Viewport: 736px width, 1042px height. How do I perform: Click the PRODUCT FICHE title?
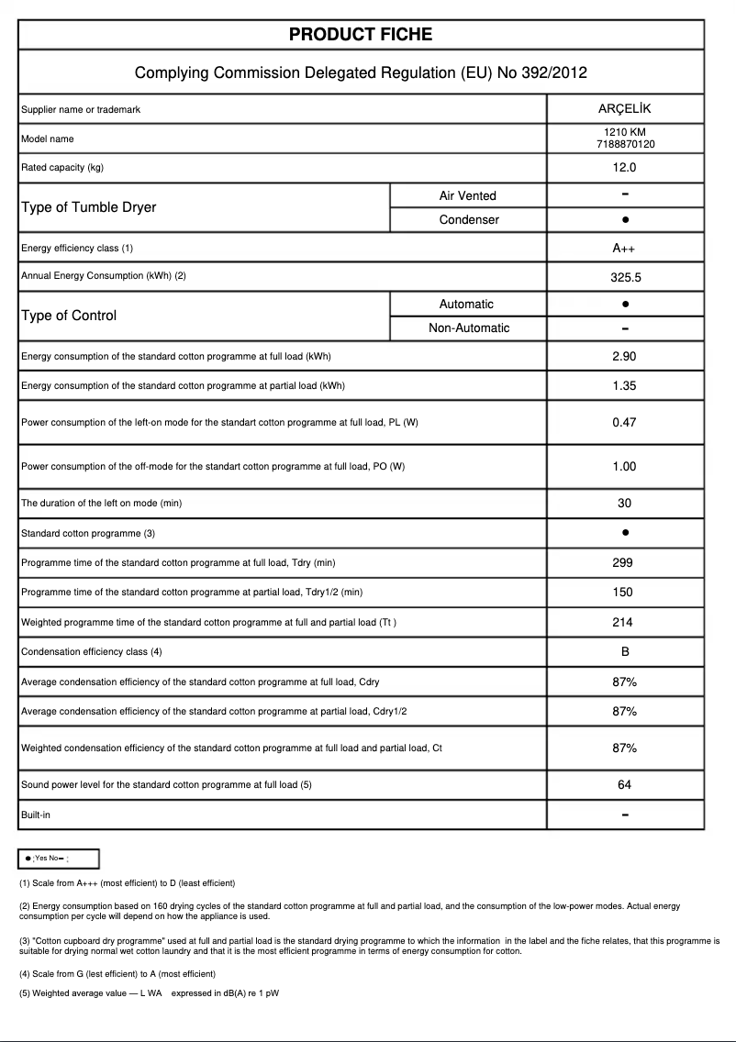coord(361,35)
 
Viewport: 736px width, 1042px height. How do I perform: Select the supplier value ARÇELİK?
coord(624,109)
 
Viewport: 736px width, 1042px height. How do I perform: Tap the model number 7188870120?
coord(624,144)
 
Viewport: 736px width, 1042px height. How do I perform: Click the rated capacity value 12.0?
coord(624,168)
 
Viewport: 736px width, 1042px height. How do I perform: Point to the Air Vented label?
coord(467,195)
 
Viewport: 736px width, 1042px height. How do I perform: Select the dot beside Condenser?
coord(624,220)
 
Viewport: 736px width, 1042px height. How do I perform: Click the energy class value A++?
coord(624,249)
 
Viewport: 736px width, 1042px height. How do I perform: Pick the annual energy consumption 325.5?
coord(624,276)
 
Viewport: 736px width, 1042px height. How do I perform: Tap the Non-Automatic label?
coord(469,327)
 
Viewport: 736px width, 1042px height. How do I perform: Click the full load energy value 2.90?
coord(624,357)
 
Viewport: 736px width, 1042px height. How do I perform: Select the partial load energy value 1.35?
coord(624,386)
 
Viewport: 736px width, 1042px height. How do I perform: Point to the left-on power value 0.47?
coord(624,423)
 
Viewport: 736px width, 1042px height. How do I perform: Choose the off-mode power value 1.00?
coord(624,467)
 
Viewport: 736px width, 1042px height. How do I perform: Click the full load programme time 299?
coord(624,563)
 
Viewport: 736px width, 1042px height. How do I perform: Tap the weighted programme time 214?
coord(624,623)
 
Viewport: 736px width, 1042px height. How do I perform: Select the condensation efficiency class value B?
coord(624,652)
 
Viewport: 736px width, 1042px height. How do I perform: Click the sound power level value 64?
coord(624,785)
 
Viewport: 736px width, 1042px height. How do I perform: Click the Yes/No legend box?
coord(59,859)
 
